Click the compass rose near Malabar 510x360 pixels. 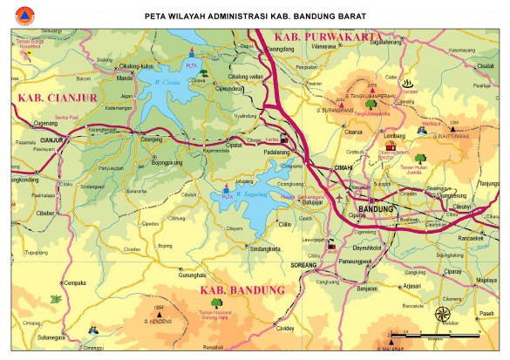pos(443,314)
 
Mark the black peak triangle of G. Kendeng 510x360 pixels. pos(159,315)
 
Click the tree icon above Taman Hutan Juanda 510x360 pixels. pos(399,160)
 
